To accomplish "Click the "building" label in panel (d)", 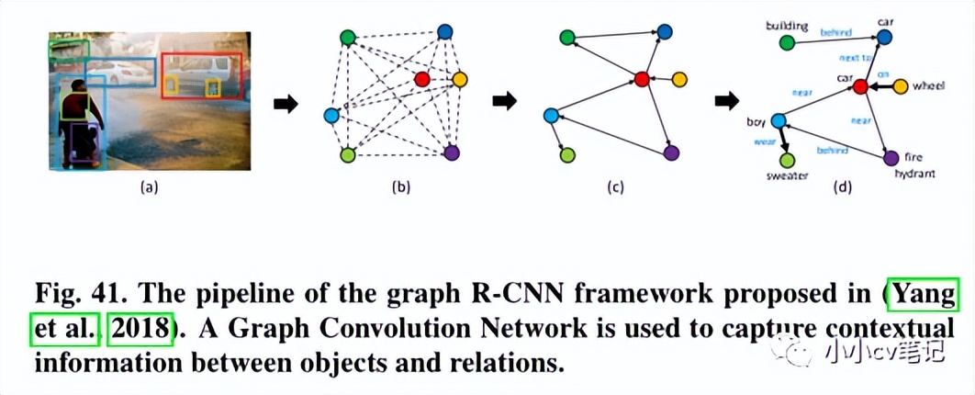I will (785, 26).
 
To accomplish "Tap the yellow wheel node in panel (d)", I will (901, 86).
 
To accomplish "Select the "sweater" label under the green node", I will (788, 175).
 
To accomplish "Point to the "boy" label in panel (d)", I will (756, 120).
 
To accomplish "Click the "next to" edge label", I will (854, 57).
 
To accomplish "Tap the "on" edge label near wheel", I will (882, 73).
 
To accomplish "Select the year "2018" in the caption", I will (140, 329).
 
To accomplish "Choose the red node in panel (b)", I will (421, 79).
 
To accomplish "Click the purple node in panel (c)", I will (671, 152).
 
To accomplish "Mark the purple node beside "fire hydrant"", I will (890, 158).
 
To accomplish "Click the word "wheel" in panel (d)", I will (928, 85).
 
